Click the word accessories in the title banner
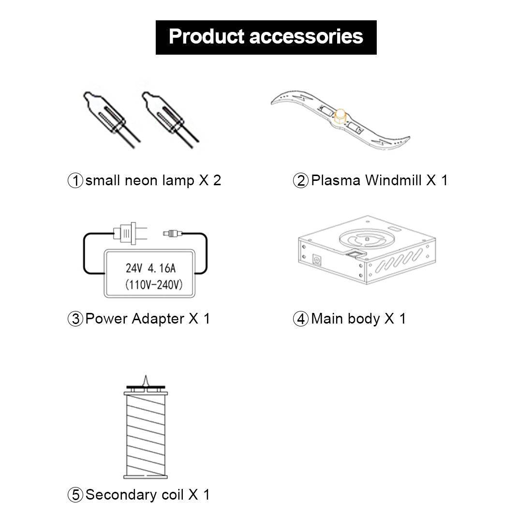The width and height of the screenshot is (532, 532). click(306, 37)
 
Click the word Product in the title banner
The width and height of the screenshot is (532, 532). click(207, 37)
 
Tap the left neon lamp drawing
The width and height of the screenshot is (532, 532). click(111, 119)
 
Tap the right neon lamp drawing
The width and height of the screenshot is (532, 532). click(170, 119)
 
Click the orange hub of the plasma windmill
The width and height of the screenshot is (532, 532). click(340, 117)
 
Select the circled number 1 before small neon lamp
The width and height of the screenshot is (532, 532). click(75, 180)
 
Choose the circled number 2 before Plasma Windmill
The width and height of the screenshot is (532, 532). click(301, 180)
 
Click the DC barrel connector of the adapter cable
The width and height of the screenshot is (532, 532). click(173, 233)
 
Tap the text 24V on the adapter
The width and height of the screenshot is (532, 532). click(134, 268)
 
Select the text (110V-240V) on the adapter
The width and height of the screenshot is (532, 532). click(154, 284)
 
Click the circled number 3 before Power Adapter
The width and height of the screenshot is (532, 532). click(75, 319)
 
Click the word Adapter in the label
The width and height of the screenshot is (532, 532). click(158, 319)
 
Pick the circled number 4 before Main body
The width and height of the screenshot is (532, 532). click(301, 319)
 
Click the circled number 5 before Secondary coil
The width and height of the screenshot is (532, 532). click(75, 495)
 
